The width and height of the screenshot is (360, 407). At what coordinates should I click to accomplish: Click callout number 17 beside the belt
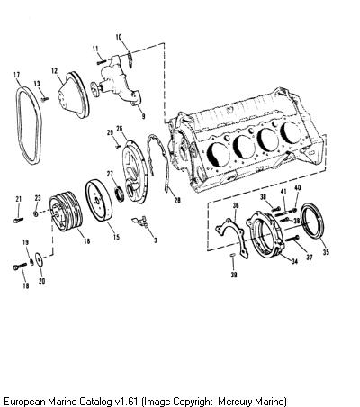(x=17, y=75)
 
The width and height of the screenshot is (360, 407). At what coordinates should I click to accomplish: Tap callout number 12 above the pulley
(x=54, y=71)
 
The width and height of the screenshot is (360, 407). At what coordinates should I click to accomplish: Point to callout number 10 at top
(x=119, y=37)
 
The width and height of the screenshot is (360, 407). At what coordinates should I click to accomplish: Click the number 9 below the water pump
(x=143, y=116)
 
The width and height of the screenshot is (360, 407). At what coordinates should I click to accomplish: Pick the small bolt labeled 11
(x=102, y=61)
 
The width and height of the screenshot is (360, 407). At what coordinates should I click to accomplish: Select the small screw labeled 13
(x=45, y=98)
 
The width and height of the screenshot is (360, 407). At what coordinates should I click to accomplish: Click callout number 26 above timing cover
(x=120, y=129)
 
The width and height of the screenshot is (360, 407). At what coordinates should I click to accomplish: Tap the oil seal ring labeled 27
(x=120, y=194)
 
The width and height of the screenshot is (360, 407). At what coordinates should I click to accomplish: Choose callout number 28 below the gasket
(x=177, y=200)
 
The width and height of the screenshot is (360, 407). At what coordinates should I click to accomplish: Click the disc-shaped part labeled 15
(x=99, y=201)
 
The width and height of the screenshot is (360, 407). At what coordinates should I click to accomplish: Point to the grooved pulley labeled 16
(x=66, y=212)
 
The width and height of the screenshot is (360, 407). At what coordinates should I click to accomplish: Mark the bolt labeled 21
(x=18, y=220)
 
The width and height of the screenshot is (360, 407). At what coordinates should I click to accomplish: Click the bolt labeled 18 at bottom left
(x=20, y=266)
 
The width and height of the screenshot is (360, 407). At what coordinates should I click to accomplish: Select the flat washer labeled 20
(x=39, y=258)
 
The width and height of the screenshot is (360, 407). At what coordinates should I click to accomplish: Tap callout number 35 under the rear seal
(x=326, y=252)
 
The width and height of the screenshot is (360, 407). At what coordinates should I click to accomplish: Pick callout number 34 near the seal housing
(x=295, y=262)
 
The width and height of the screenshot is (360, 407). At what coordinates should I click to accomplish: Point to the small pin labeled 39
(x=233, y=255)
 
